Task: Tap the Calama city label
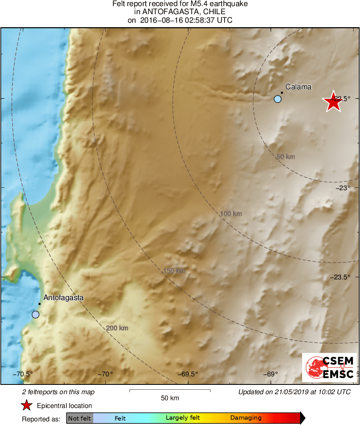298,86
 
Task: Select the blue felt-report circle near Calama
277,99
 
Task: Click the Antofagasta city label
63,298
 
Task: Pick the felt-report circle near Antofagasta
36,315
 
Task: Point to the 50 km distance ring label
285,157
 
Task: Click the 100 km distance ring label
231,213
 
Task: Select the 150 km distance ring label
174,270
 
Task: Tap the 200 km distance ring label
117,328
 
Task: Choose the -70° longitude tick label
106,374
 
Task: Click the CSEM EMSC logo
330,367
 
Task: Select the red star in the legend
27,406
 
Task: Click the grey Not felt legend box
80,418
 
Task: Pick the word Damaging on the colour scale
246,418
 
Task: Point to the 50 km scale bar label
170,398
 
